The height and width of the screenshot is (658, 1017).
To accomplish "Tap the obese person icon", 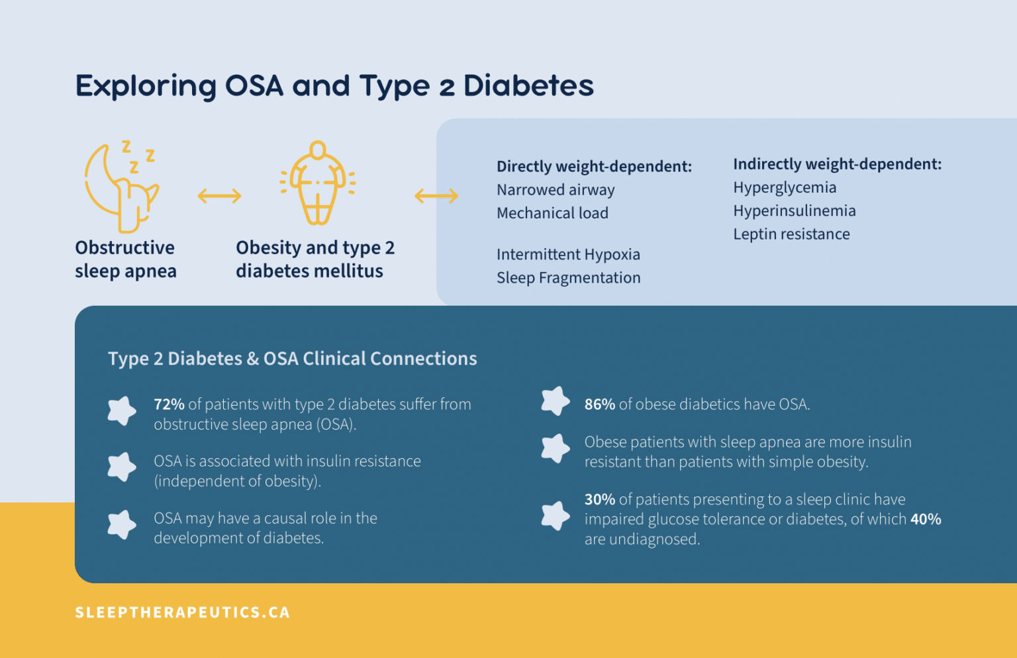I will [318, 183].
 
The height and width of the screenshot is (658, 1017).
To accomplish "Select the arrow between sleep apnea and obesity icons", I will [219, 196].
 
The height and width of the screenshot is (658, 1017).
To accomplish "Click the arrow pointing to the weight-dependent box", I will [436, 196].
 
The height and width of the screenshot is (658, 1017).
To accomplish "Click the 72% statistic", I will [169, 404].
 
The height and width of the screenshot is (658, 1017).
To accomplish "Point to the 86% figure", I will [599, 404].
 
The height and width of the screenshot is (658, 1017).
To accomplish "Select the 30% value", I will [599, 500].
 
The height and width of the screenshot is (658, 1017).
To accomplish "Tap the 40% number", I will [926, 520].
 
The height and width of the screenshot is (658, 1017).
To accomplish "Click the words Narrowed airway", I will [556, 190].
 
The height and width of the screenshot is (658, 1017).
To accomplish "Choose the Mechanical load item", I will [552, 213].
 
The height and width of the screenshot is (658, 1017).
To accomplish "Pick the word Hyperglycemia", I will [785, 188].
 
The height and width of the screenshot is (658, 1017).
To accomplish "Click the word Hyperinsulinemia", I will [794, 211].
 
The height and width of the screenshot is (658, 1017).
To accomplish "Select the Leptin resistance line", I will [791, 234].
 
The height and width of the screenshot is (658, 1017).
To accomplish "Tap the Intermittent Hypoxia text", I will [568, 255].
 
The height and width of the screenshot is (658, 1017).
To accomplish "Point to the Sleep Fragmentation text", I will [568, 278].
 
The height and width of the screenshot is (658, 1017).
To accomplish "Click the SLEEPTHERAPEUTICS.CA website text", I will [183, 612].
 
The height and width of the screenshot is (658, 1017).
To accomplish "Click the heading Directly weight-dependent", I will [594, 166].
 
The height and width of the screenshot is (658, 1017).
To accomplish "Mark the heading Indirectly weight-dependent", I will [837, 164].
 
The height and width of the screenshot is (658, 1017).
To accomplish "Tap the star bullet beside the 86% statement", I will [555, 401].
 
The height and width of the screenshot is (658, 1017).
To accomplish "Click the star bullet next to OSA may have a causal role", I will [122, 525].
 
